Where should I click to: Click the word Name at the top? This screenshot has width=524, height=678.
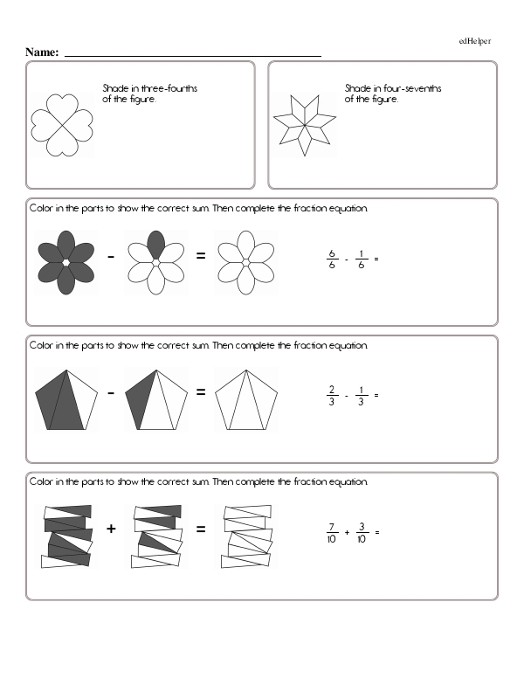click(x=42, y=52)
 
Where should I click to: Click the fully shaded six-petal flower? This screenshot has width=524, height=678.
click(x=65, y=262)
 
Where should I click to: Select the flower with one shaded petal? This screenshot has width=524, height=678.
click(x=155, y=262)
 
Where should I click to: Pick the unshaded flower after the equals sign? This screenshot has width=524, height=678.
click(x=246, y=262)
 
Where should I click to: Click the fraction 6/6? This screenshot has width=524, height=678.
click(x=332, y=259)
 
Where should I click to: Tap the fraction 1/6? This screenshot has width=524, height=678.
click(x=360, y=259)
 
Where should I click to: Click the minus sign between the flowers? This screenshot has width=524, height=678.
click(x=111, y=257)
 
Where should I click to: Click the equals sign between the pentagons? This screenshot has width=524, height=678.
click(x=201, y=393)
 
